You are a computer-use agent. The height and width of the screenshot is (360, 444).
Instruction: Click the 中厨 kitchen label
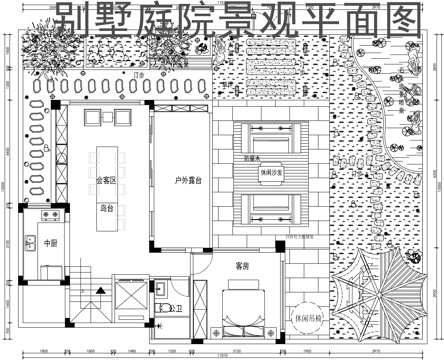coord(51,243)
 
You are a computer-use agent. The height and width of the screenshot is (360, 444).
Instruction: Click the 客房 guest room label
coord(242,266)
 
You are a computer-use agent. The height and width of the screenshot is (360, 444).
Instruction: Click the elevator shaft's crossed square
coord(132,297)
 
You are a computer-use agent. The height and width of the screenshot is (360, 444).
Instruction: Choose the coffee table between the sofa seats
coord(272,172)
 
